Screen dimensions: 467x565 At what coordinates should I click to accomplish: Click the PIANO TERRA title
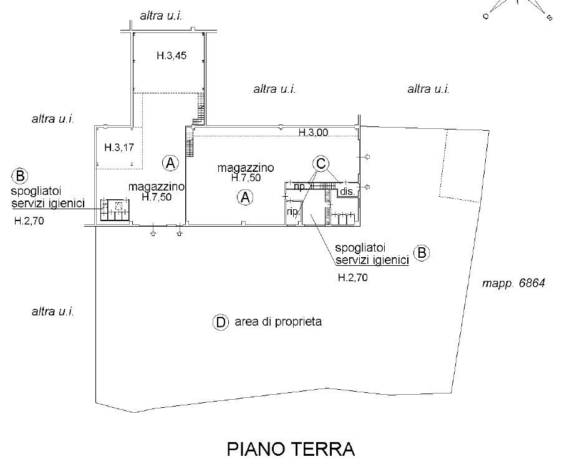tap(291, 449)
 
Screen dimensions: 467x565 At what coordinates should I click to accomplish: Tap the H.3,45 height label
tap(171, 56)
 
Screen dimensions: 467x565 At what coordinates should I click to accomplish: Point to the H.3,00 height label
tap(314, 132)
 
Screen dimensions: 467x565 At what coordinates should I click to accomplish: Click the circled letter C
tap(321, 163)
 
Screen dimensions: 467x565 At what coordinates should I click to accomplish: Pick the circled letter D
tap(220, 322)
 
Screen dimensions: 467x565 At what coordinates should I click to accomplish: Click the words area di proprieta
tap(278, 322)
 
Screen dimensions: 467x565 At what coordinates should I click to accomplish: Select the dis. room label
tap(347, 192)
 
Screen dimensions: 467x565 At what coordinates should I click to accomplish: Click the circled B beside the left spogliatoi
tap(20, 175)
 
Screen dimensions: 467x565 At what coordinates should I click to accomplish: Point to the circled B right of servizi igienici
tap(422, 253)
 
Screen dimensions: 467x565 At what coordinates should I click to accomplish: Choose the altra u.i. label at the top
tap(161, 16)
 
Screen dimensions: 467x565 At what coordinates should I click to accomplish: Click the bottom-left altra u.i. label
tap(53, 311)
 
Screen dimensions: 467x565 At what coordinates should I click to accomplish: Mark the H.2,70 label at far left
tap(29, 220)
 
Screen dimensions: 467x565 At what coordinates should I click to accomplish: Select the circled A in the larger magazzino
tap(245, 198)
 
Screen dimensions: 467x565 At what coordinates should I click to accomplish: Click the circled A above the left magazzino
tap(170, 163)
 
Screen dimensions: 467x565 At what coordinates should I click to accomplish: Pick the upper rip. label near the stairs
tap(299, 186)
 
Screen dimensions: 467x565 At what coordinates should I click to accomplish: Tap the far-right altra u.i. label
tap(428, 90)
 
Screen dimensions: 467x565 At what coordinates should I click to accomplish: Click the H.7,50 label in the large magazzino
tap(246, 177)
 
